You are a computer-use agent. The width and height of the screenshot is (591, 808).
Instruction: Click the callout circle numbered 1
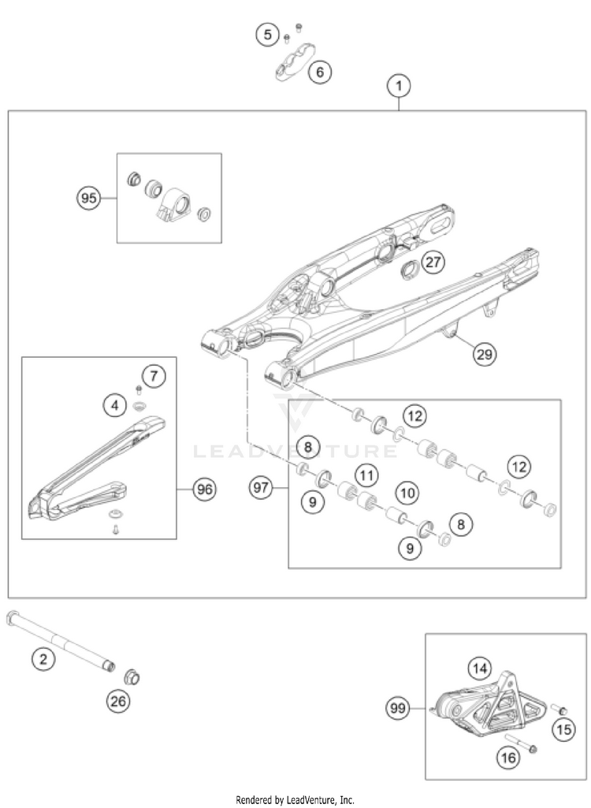coord(399,85)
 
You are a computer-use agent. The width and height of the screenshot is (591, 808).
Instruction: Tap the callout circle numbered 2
coord(43,658)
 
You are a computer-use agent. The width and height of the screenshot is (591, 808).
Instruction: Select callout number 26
coord(118,700)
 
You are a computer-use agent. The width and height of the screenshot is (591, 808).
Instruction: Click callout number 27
coord(432,262)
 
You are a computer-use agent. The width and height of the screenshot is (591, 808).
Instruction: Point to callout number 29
coord(485,355)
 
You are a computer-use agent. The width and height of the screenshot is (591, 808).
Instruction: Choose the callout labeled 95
coord(89,198)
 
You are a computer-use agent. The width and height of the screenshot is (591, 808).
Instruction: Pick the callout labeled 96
coord(205,489)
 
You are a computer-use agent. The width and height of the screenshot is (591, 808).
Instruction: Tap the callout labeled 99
coord(399,709)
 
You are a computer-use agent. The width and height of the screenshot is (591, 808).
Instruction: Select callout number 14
coord(478,668)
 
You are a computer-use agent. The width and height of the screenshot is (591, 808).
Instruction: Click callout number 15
coord(563,730)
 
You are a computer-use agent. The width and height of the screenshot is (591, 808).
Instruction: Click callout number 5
coord(268,35)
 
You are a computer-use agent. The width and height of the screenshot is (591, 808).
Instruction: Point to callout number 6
coord(319,73)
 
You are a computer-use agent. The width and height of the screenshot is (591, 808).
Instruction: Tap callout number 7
coord(154,375)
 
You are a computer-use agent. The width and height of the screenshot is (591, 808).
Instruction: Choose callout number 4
coord(115,406)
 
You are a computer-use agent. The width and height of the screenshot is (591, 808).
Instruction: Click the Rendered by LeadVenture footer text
coord(295,799)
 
